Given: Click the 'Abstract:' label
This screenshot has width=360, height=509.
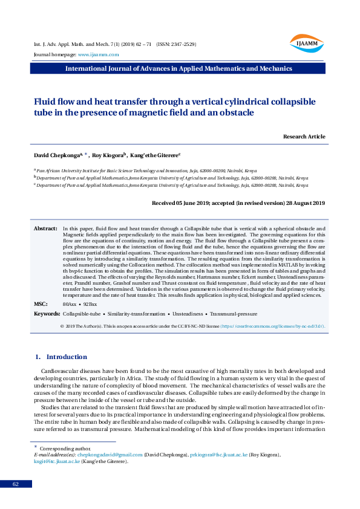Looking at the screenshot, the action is pos(45,229).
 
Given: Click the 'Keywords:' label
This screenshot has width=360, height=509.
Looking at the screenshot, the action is pos(47,314).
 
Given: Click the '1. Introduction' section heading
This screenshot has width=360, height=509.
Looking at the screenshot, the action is pos(62,357).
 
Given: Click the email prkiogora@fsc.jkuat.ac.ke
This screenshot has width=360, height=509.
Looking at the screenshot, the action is pos(218,454).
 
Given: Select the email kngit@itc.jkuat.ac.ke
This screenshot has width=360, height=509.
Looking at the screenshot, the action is pos(57,461).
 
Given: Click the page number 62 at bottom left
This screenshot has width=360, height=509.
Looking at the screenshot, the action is pos(16,484).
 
